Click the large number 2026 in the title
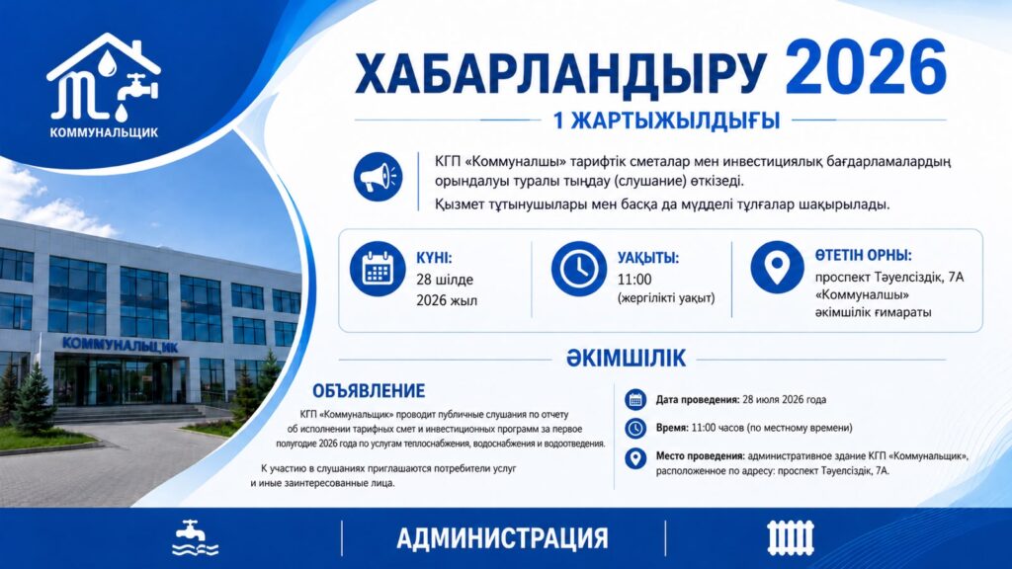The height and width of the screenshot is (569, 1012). click(866, 68)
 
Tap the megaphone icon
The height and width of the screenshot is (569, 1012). click(379, 177)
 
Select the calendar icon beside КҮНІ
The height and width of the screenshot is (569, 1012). click(378, 269)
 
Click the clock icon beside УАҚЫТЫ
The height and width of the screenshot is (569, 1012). click(579, 269)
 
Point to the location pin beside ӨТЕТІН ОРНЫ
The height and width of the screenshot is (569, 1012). click(777, 267)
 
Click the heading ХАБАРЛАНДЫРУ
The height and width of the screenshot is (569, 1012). click(561, 74)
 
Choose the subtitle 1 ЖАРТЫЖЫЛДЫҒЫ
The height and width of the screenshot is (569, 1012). click(667, 121)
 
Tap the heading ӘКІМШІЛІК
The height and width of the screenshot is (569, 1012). click(626, 358)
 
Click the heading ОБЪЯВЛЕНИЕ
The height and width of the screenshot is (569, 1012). click(369, 391)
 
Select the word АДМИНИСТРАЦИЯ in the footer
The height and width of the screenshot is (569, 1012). click(502, 538)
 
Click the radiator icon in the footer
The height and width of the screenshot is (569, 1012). click(791, 538)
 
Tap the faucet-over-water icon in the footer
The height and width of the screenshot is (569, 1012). click(195, 538)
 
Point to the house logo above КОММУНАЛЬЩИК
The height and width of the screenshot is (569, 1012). click(103, 77)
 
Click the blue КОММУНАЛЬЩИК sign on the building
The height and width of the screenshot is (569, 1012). click(120, 345)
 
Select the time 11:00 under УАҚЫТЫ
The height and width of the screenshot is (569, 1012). click(634, 280)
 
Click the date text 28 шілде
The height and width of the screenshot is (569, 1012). click(445, 280)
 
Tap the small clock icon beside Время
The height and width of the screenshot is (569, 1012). click(635, 428)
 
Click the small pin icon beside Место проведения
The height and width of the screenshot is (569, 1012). click(635, 458)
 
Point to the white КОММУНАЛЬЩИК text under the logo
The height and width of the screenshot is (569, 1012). click(104, 133)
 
